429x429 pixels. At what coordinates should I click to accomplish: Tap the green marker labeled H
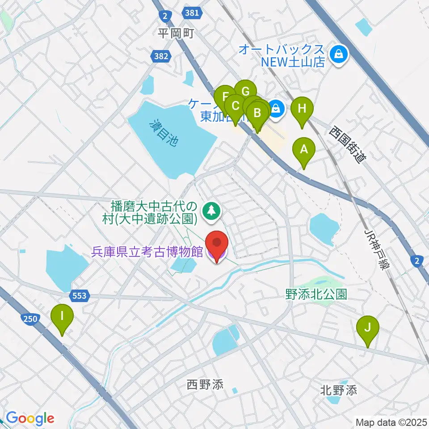point(302,109)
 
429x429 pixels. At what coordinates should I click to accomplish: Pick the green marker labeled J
point(368,328)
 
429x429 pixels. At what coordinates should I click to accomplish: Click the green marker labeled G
point(245,92)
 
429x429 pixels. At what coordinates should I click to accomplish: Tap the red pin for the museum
point(217,244)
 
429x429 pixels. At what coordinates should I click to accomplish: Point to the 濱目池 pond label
point(164,133)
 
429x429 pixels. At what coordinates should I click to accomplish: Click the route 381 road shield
point(192,13)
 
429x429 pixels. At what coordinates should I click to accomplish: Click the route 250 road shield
point(29,319)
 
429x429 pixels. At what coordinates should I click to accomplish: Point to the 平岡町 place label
point(176,34)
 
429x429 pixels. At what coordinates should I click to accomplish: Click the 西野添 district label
point(205,384)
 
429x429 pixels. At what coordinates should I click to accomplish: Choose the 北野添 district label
point(339,390)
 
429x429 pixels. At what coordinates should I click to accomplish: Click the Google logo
point(30,418)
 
